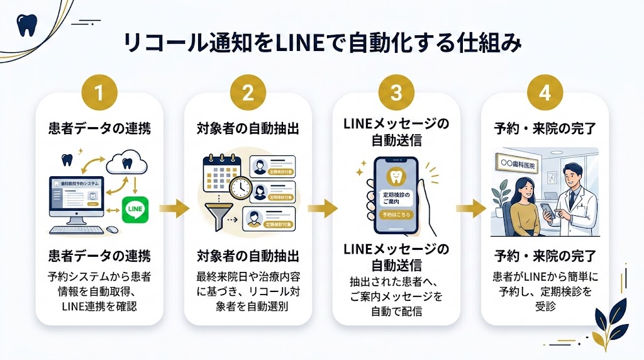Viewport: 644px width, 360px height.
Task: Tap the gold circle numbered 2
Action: click(x=248, y=93)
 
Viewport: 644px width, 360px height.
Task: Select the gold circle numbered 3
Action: click(x=396, y=93)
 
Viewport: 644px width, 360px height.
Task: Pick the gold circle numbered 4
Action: click(x=545, y=93)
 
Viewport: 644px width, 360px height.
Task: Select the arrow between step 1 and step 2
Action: click(x=174, y=208)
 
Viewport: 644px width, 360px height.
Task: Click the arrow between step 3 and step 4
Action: click(x=471, y=208)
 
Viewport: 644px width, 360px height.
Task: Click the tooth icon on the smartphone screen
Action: click(x=396, y=179)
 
